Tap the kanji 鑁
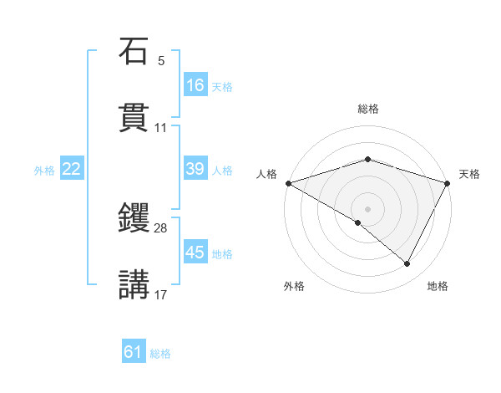click(x=134, y=218)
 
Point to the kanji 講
click(x=134, y=283)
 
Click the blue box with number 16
click(x=195, y=84)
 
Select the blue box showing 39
click(x=195, y=169)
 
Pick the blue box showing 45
click(x=195, y=253)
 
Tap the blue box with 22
click(x=72, y=169)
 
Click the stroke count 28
click(x=161, y=228)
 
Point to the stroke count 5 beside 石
click(x=161, y=61)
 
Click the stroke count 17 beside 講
click(x=161, y=293)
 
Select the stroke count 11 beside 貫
click(x=161, y=127)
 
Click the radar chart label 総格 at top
click(x=367, y=109)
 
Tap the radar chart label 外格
click(x=294, y=286)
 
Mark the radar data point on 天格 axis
click(x=448, y=183)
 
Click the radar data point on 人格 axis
click(x=287, y=183)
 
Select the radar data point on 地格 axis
click(x=407, y=264)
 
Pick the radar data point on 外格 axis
click(x=358, y=222)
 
